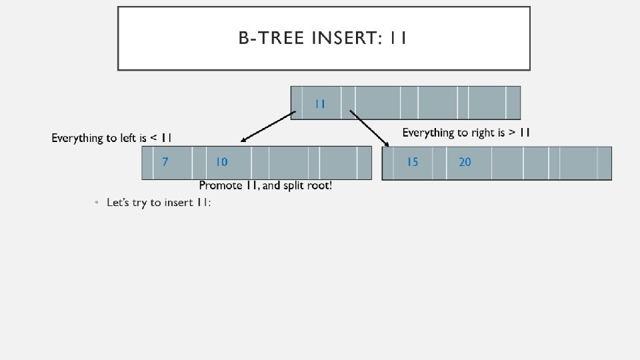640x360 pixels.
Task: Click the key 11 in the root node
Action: [x=320, y=103]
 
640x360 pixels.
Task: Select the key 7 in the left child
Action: [x=165, y=162]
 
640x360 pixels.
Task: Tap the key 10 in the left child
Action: [x=221, y=162]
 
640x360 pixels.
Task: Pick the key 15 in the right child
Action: [x=413, y=162]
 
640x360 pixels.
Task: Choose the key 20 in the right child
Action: [x=465, y=162]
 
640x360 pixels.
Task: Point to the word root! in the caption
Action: [x=319, y=185]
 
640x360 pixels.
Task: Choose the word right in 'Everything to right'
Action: [x=482, y=133]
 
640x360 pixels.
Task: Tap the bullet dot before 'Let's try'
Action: [x=97, y=202]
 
